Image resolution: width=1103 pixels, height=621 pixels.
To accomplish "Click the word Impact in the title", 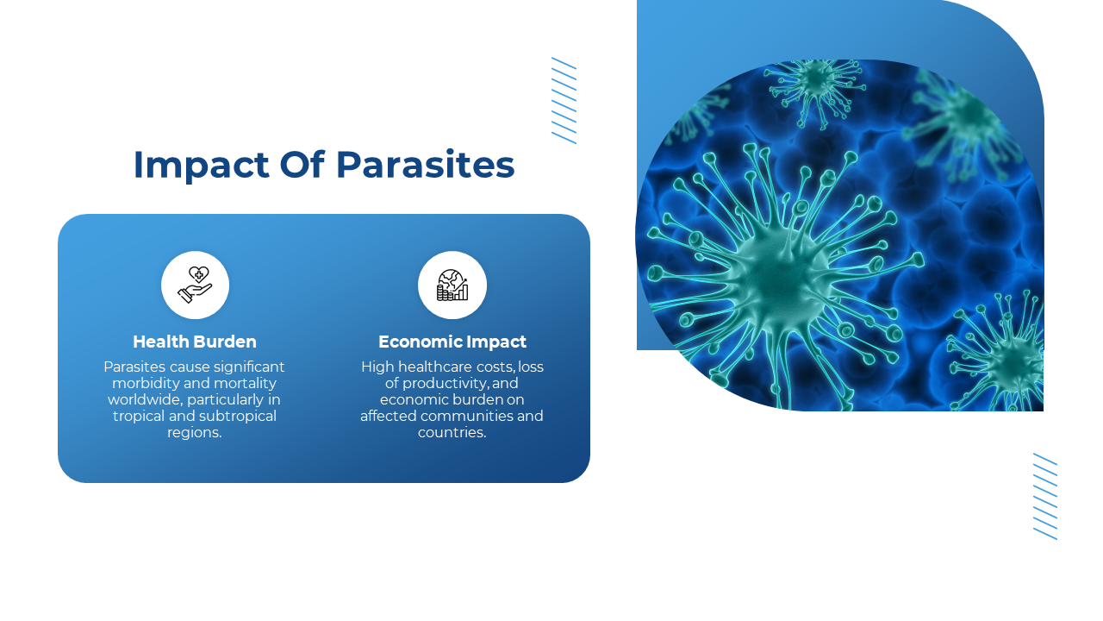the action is point(202,165).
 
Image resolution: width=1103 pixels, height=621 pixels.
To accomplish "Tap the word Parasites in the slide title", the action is point(426,165).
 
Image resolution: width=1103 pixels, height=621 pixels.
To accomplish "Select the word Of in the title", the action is point(302,164).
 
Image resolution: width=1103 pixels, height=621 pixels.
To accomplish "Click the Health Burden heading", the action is point(195,342).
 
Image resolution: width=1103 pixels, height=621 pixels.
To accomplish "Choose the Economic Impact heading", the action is point(452,342).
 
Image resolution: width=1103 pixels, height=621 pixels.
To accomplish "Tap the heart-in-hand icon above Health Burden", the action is point(195,285).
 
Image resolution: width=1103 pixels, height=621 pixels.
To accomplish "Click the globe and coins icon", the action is point(452,285).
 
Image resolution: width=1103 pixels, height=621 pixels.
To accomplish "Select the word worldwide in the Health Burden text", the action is point(145,399).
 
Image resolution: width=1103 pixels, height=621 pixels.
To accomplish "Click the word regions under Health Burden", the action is point(194,433).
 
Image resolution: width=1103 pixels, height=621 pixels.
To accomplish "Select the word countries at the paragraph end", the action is point(452,432).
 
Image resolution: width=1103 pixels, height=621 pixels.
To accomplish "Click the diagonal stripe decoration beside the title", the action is point(564,101).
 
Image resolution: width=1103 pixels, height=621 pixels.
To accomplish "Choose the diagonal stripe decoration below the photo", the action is point(1045,496).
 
